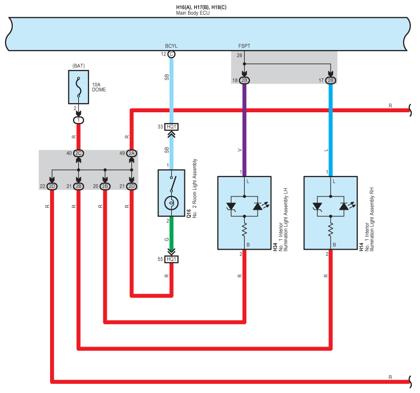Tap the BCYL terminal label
tap(171, 46)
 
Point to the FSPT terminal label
tap(244, 46)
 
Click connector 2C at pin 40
tap(78, 153)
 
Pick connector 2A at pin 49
tap(132, 153)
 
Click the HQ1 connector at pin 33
tap(171, 127)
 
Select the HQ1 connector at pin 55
tap(171, 259)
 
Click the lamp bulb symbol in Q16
tap(171, 203)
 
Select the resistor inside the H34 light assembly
tap(244, 229)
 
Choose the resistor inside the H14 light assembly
tap(331, 229)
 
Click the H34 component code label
tap(275, 247)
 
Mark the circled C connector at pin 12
tap(171, 54)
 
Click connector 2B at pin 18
tap(244, 81)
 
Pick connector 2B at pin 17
tap(331, 81)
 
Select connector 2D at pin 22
tap(52, 186)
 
